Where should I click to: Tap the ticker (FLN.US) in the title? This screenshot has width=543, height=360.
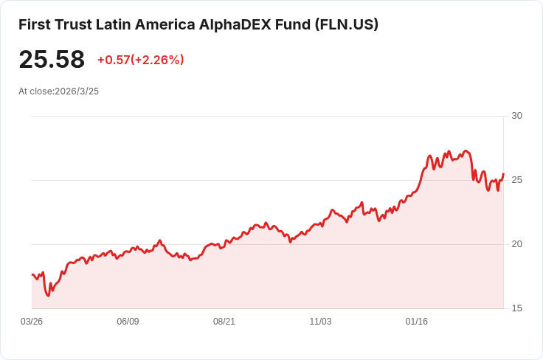347,24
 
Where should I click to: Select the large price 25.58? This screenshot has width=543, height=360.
52,60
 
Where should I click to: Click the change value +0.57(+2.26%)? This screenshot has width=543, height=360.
141,60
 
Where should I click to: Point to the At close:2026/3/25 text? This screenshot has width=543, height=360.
58,91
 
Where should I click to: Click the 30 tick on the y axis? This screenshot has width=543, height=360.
516,116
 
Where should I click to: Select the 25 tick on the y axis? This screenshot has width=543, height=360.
516,180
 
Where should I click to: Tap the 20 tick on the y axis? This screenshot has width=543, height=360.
516,244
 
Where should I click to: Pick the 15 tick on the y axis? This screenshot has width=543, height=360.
516,308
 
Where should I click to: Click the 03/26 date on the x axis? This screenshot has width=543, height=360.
32,322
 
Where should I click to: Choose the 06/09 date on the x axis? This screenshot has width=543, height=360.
128,322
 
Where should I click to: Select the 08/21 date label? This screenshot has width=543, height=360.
224,322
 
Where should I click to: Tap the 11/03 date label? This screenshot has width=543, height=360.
320,322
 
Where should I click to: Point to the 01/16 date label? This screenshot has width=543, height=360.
417,322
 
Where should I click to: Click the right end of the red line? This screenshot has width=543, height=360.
503,174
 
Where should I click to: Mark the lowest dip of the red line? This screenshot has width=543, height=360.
48,296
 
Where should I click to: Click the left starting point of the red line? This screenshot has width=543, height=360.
32,274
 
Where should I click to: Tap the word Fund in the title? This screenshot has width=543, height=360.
293,24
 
